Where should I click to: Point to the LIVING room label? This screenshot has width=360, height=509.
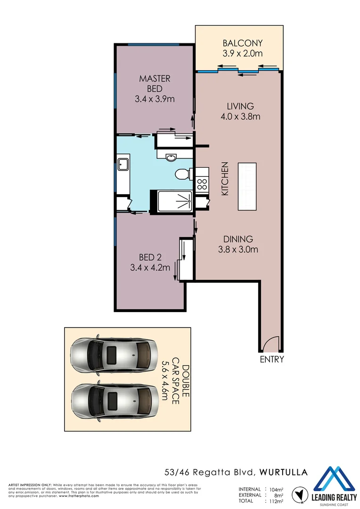coord(240,106)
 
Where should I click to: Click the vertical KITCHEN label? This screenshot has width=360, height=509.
coord(225,179)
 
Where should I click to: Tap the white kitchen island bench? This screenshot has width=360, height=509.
coord(247,186)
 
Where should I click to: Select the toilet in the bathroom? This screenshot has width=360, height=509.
coord(181,175)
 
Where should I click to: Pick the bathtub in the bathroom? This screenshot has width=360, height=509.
coord(172,202)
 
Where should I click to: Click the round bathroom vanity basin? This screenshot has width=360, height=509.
coord(170,157)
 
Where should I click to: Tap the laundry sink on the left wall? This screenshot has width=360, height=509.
coord(124,164)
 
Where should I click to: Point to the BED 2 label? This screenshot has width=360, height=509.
coord(150,257)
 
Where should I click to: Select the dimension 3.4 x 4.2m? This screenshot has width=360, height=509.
coord(150,268)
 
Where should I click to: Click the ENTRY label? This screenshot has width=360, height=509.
coord(272,360)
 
